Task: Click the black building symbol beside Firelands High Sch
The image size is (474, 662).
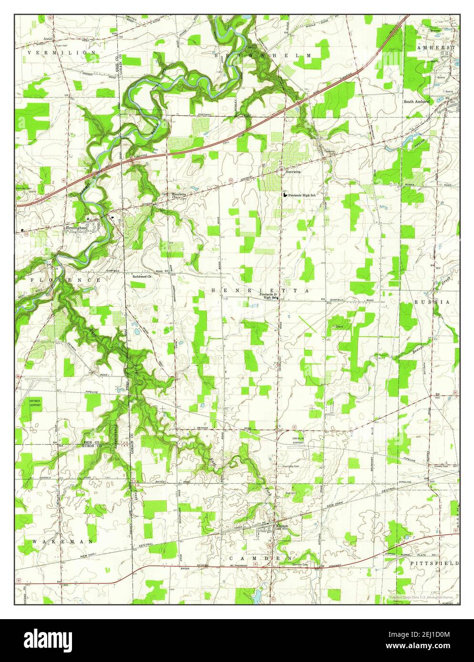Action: (285, 195)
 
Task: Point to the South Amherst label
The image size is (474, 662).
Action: (416, 101)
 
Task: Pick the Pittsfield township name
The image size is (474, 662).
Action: (434, 563)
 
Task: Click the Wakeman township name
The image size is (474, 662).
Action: (56, 542)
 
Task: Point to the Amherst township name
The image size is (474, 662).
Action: (435, 48)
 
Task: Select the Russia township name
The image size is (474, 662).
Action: (432, 302)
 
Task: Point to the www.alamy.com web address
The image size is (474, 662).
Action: (420, 646)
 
